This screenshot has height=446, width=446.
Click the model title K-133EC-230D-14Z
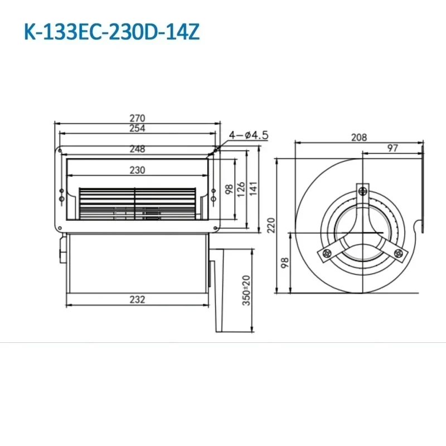pyautogui.click(x=111, y=31)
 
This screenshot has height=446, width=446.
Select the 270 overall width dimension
pyautogui.click(x=137, y=118)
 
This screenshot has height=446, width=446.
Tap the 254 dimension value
pyautogui.click(x=137, y=128)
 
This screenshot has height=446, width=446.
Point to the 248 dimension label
pyautogui.click(x=137, y=149)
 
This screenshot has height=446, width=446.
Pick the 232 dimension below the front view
pyautogui.click(x=137, y=299)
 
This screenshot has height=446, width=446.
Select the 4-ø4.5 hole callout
pyautogui.click(x=249, y=134)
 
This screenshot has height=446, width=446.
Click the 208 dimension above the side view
pyautogui.click(x=358, y=137)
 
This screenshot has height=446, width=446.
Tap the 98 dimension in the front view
pyautogui.click(x=229, y=188)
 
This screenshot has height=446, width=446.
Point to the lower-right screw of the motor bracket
pyautogui.click(x=398, y=254)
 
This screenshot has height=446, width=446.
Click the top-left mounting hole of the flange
pyautogui.click(x=60, y=151)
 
